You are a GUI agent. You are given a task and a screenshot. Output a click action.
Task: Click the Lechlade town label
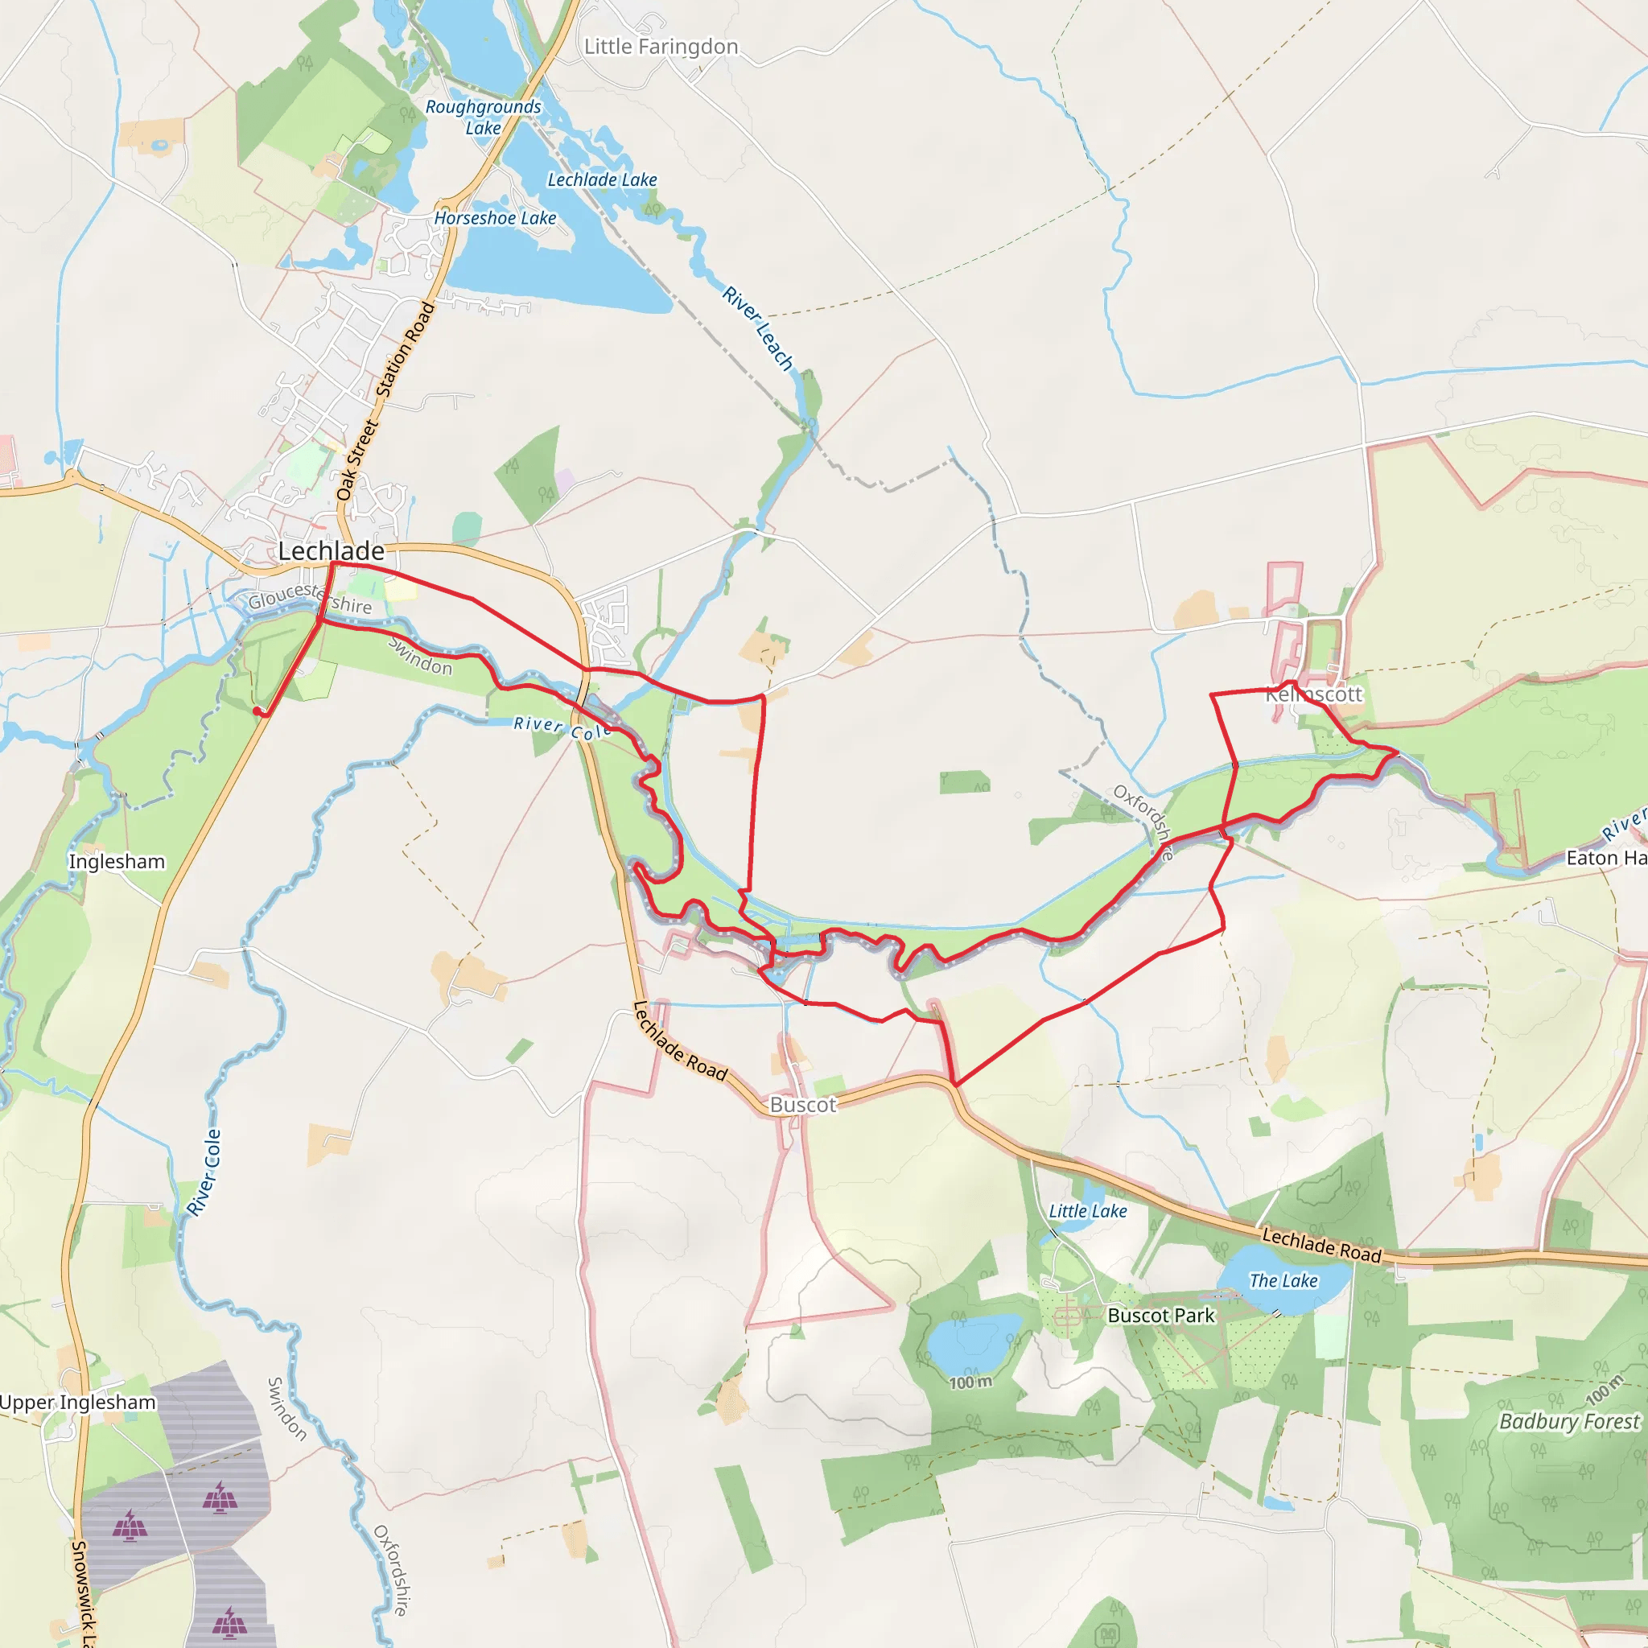coord(331,551)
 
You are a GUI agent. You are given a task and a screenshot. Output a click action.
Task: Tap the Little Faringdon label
coord(661,47)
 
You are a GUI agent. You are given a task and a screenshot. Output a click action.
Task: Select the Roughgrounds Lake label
coord(483,117)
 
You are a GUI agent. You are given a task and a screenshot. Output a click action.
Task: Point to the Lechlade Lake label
coord(602,180)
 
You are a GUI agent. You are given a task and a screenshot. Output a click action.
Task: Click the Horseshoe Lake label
coord(495,218)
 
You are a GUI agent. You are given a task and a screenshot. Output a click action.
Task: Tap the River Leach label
coord(757,328)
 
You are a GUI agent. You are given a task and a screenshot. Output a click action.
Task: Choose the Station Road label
coord(406,350)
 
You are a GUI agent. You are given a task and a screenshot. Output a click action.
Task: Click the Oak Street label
coord(356,460)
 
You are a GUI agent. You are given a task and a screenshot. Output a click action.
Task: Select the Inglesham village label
coord(117,862)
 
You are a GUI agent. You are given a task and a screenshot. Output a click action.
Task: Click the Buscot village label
coord(802,1105)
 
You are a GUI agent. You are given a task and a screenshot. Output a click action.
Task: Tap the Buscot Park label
coord(1160,1316)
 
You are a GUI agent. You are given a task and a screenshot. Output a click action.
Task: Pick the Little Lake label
coord(1088,1211)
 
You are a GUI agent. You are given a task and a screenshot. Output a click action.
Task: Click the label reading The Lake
coord(1283,1280)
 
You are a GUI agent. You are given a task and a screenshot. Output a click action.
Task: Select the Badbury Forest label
coord(1568,1421)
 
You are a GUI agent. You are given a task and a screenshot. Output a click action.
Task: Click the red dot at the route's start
coord(257,711)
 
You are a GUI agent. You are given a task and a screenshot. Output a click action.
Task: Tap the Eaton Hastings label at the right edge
coord(1606,858)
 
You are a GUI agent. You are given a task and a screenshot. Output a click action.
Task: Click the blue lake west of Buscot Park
coord(970,1341)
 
